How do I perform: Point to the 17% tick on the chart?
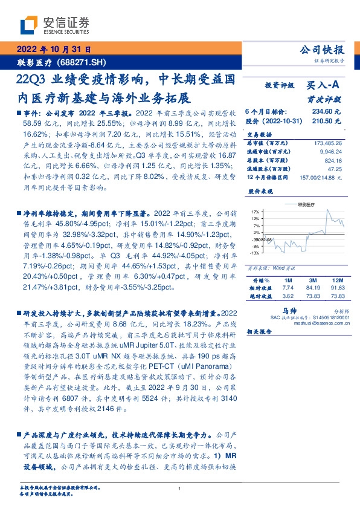point(256,220)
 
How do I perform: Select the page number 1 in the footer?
point(180,488)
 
